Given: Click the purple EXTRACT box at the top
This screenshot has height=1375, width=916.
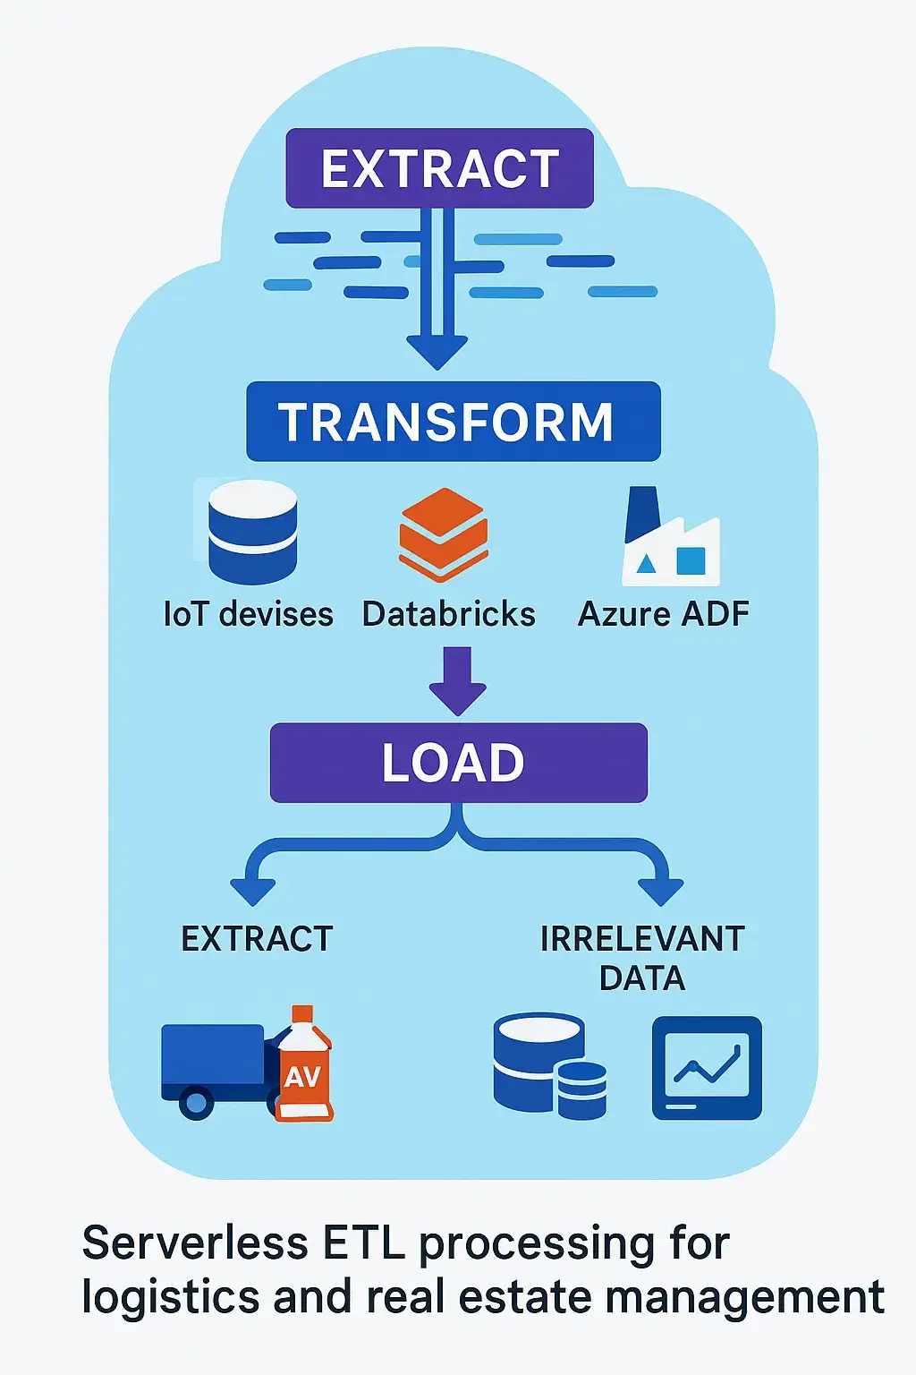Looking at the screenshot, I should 439,168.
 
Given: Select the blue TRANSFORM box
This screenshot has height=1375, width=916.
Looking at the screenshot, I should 453,422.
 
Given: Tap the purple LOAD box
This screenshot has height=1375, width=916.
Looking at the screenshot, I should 458,763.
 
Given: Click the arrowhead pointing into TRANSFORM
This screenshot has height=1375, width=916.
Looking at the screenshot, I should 437,351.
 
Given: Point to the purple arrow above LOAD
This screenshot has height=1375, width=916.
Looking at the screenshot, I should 457,683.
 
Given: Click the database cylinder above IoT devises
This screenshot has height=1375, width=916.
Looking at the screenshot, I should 252,532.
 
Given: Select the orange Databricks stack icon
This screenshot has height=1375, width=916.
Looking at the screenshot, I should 444,534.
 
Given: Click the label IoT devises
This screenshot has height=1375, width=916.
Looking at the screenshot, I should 248,615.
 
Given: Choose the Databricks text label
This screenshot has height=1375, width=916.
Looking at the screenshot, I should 448,615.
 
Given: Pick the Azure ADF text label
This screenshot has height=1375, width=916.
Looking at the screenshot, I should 663,615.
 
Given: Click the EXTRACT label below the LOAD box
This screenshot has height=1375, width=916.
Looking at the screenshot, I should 257,939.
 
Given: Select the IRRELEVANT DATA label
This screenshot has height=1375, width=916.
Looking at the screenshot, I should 642,958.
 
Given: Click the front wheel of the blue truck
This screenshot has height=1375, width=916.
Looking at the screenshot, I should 196,1101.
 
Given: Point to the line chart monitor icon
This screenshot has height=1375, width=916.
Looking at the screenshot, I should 707,1067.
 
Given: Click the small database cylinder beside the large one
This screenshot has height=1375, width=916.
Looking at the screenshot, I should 581,1090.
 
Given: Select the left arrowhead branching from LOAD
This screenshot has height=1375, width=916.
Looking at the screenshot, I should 253,892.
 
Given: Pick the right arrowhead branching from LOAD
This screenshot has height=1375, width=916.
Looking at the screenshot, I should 661,892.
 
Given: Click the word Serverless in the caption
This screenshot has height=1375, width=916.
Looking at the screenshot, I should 195,1243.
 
